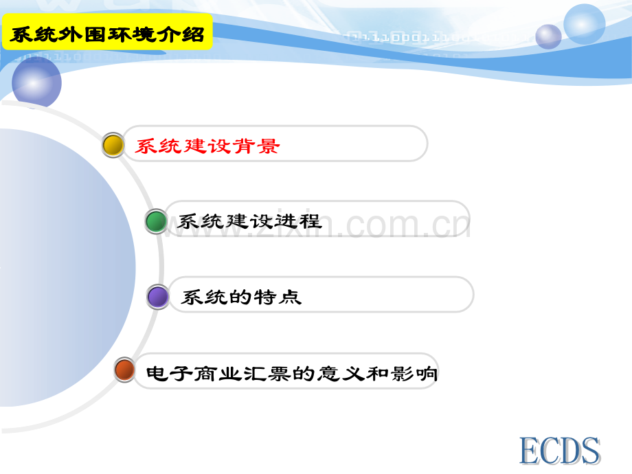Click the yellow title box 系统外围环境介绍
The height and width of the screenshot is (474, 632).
[107, 34]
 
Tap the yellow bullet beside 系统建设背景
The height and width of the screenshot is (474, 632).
[113, 145]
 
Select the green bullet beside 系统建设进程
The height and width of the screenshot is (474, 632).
[156, 221]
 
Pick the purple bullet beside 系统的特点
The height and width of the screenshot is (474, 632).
[158, 297]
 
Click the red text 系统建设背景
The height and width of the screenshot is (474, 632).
[207, 146]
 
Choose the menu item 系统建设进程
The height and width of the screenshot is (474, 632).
[249, 222]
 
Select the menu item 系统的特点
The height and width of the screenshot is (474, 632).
[241, 297]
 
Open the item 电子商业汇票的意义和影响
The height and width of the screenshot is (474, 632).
[292, 374]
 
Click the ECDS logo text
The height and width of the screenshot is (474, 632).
[559, 452]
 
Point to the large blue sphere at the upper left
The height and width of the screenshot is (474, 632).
[36, 82]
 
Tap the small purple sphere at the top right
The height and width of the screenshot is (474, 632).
[548, 36]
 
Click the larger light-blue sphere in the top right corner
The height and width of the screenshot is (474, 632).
[585, 23]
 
